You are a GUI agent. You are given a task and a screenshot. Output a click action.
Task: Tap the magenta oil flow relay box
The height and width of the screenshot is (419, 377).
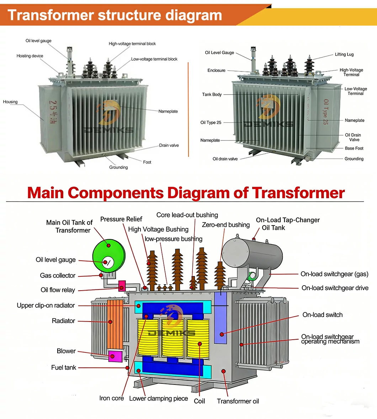(122, 286)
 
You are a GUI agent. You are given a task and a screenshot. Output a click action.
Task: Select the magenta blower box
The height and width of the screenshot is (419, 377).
(115, 356)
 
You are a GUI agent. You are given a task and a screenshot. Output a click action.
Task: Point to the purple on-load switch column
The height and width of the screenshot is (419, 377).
(221, 320)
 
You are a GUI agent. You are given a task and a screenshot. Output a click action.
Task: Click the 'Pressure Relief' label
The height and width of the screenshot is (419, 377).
(121, 219)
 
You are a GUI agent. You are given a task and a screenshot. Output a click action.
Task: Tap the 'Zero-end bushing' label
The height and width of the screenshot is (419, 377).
(226, 225)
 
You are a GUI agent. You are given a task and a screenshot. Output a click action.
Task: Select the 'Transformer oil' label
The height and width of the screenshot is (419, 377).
(238, 401)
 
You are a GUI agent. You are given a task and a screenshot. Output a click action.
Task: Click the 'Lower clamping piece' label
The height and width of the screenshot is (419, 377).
(158, 398)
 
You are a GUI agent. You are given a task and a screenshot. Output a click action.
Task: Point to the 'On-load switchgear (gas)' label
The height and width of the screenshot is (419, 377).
(334, 274)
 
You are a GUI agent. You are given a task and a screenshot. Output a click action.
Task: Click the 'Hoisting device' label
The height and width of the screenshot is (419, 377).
(30, 56)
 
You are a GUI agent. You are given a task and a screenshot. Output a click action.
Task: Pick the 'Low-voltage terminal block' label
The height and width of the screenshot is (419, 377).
(154, 59)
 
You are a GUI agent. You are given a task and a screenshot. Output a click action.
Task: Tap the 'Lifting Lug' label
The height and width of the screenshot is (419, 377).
(344, 54)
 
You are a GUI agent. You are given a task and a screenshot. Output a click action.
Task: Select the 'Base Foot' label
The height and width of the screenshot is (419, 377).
(354, 148)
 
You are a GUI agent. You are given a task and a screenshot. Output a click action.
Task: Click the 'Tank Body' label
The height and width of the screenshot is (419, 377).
(212, 95)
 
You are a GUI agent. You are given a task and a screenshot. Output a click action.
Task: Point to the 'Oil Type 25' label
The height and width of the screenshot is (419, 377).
(211, 123)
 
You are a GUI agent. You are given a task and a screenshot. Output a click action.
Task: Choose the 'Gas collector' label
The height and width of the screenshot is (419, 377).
(58, 276)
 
